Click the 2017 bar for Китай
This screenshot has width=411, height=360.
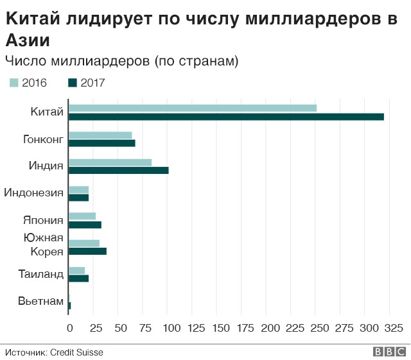[226, 117]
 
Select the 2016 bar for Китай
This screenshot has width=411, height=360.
[193, 108]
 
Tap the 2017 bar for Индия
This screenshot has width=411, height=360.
[118, 170]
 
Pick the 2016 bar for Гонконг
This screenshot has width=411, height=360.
[100, 135]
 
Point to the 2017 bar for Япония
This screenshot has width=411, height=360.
[85, 225]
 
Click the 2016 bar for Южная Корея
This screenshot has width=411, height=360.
[84, 243]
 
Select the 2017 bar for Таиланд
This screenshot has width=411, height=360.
[78, 278]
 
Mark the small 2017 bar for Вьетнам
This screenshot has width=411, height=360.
[69, 305]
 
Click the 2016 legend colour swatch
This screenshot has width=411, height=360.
[14, 82]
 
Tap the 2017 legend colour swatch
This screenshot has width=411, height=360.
[73, 82]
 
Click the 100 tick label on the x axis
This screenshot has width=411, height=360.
[168, 328]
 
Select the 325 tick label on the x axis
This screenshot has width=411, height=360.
[392, 328]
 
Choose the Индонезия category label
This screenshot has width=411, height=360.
[34, 193]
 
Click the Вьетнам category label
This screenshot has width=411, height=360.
[40, 301]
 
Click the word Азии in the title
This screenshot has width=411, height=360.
[28, 40]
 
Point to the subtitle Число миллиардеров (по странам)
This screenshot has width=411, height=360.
[122, 61]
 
